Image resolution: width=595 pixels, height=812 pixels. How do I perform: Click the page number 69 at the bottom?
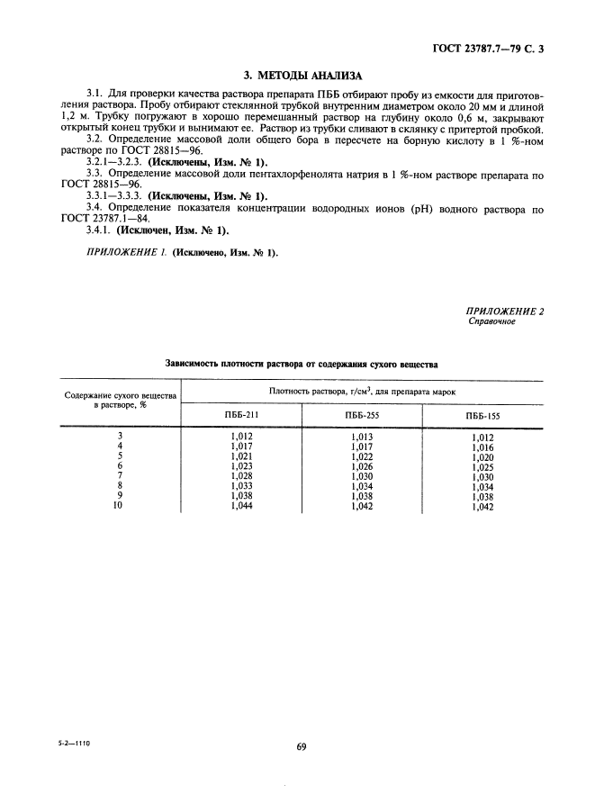(x=302, y=746)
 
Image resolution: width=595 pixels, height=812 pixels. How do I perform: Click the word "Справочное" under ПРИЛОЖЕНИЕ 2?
(x=491, y=321)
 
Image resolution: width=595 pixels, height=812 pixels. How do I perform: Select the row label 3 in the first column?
(x=120, y=436)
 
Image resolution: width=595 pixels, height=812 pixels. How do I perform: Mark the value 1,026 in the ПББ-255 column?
(x=362, y=466)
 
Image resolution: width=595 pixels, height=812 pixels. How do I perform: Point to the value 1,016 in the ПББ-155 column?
(x=482, y=447)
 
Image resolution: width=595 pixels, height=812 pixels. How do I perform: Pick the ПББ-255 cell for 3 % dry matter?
(x=362, y=437)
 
